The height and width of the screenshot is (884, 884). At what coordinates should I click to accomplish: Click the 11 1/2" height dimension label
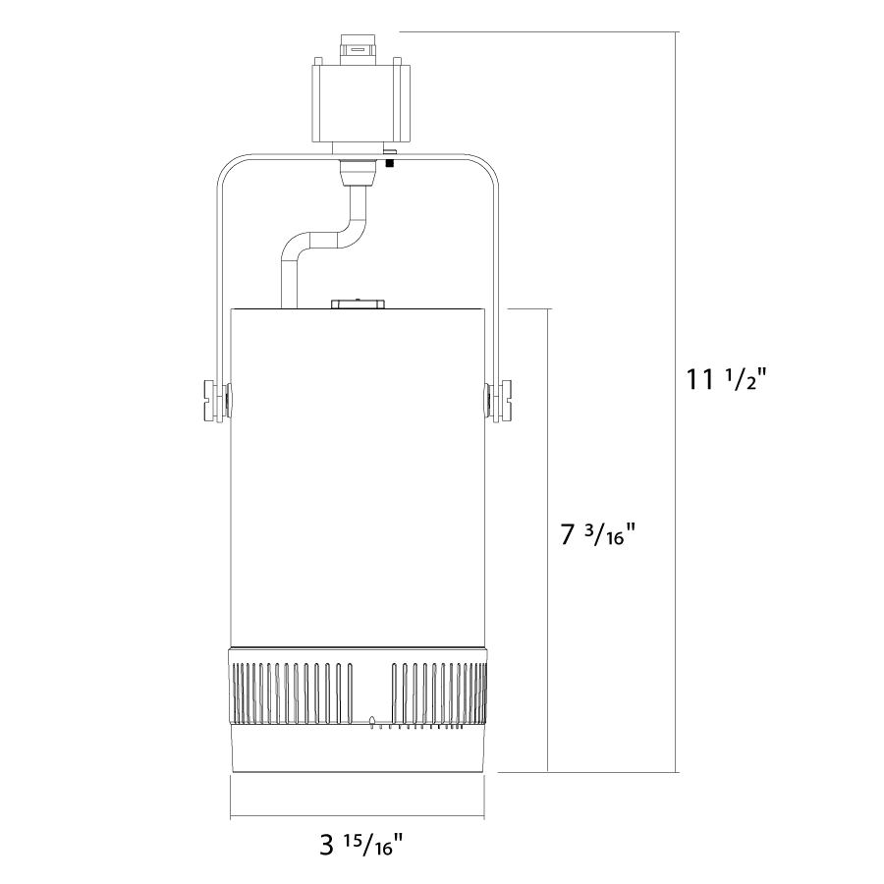click(x=726, y=379)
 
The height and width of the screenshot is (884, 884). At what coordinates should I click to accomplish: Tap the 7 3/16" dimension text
click(x=597, y=534)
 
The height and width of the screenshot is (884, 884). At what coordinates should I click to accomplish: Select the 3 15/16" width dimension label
click(x=361, y=844)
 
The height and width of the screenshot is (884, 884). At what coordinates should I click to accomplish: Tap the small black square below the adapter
click(x=388, y=163)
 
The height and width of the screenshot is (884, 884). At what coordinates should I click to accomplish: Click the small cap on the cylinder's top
click(x=358, y=304)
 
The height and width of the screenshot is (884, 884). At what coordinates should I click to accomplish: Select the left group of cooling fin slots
click(x=291, y=692)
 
